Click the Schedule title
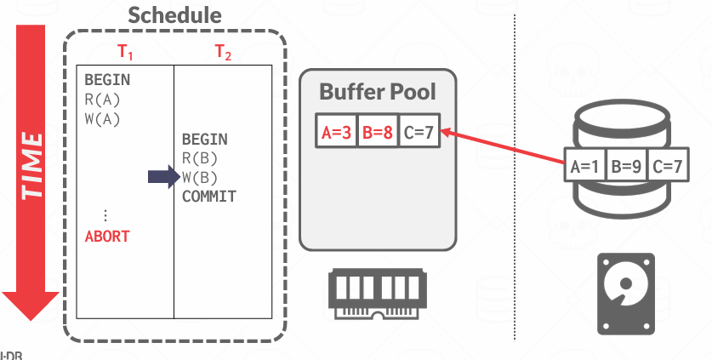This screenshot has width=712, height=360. click(174, 15)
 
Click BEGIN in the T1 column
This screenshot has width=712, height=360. click(107, 80)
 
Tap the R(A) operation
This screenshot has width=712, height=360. click(102, 100)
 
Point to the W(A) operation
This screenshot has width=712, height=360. click(102, 118)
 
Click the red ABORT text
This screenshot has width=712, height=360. click(107, 236)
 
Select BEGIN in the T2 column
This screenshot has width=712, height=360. click(205, 139)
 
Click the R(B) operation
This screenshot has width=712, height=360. click(200, 157)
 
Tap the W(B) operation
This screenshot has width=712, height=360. click(200, 177)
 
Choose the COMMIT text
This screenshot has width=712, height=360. click(208, 197)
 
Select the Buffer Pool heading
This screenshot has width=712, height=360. click(378, 92)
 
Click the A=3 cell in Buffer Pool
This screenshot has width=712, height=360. click(336, 132)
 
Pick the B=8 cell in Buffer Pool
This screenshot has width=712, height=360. click(378, 132)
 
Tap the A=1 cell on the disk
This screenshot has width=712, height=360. click(586, 166)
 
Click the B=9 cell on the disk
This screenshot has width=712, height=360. click(628, 166)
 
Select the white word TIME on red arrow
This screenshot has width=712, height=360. click(32, 164)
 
